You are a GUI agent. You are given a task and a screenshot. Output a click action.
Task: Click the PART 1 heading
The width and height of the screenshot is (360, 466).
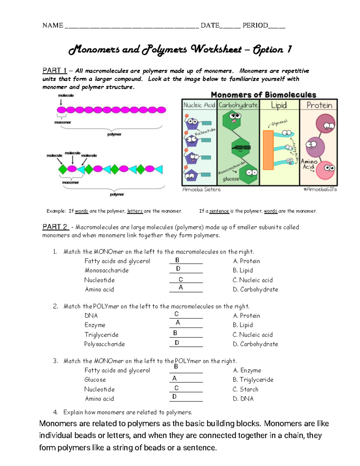[55, 71]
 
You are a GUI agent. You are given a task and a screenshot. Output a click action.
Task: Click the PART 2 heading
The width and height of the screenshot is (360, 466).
[55, 227]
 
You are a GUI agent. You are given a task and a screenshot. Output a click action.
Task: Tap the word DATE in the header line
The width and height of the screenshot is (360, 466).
[210, 26]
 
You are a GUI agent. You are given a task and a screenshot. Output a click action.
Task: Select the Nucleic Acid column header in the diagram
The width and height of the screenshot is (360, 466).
[199, 105]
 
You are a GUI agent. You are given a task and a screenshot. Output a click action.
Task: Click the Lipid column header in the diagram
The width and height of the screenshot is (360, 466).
[279, 105]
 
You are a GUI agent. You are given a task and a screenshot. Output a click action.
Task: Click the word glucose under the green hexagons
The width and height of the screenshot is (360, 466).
[231, 179]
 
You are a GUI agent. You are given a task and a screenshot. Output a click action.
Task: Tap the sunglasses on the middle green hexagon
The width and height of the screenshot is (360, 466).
[241, 147]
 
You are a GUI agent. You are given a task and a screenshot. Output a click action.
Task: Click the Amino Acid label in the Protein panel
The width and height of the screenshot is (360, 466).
[309, 164]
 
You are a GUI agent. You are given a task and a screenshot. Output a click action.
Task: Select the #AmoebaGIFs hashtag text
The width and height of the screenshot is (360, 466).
[320, 189]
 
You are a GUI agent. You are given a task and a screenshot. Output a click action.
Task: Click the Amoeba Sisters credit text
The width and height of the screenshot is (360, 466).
[202, 190]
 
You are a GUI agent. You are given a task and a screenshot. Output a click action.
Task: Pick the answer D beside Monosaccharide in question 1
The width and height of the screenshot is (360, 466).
[178, 269]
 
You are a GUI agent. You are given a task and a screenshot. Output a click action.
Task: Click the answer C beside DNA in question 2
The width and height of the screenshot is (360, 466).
[176, 314]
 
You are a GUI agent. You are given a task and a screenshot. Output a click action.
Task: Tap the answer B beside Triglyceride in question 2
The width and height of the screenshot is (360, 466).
[175, 333]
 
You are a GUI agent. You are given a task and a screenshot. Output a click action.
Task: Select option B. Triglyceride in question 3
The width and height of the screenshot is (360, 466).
[253, 380]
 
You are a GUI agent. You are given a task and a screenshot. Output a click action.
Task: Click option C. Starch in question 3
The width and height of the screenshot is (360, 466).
[245, 389]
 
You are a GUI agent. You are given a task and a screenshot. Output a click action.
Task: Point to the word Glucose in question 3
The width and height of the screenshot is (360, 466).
[95, 380]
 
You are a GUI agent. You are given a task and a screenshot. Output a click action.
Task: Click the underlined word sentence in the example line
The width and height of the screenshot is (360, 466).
[219, 211]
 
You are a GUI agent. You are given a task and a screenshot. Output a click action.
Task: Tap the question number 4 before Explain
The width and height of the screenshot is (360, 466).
[55, 412]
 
